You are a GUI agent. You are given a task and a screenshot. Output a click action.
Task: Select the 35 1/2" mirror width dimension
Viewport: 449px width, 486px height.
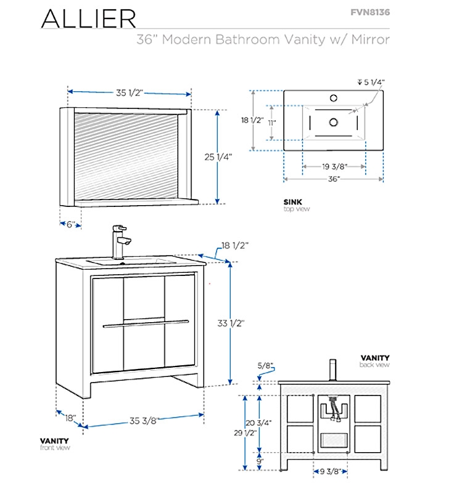click(129, 92)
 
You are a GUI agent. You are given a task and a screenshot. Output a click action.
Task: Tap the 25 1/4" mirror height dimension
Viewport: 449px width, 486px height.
click(218, 157)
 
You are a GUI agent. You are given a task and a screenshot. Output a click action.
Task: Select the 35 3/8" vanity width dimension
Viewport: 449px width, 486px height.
click(144, 421)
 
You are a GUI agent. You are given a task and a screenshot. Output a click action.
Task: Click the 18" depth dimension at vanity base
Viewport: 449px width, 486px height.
click(70, 418)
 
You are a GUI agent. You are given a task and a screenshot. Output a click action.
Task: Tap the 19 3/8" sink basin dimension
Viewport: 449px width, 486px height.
click(334, 166)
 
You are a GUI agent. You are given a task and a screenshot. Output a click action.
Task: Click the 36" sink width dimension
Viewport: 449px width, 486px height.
click(334, 179)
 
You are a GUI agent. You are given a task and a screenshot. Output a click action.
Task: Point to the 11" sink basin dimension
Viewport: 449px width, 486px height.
click(272, 122)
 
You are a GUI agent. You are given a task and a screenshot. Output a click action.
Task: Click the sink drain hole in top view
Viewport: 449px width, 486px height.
click(334, 122)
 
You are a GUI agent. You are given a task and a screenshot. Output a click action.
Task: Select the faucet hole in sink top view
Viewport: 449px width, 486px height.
click(334, 97)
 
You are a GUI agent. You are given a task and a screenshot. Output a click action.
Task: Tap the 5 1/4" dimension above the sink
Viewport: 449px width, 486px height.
click(376, 81)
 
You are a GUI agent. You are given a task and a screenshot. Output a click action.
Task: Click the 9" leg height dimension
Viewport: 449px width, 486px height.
click(260, 461)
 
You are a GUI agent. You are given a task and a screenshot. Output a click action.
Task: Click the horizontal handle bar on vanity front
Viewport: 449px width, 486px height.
click(146, 323)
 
